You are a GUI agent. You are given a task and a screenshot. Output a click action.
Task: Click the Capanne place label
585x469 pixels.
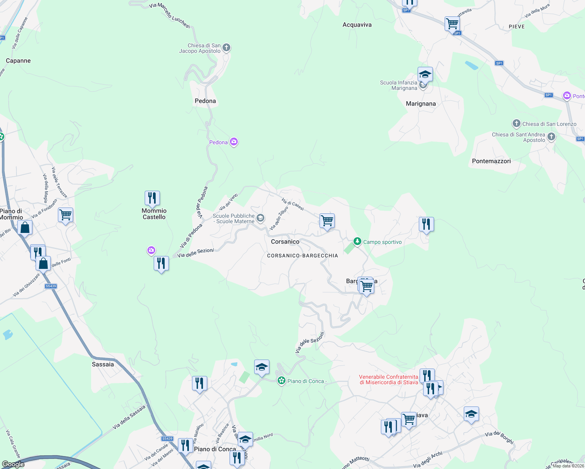[x=18, y=61]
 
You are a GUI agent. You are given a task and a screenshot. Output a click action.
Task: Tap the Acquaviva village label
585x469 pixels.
[x=357, y=25]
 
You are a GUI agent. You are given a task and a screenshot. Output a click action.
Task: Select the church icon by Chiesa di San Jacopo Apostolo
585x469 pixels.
[x=226, y=48]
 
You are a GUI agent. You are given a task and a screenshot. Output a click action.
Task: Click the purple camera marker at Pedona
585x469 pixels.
[x=234, y=141]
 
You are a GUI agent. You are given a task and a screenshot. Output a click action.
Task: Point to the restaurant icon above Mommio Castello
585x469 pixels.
[x=152, y=198]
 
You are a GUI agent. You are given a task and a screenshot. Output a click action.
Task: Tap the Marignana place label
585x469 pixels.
[x=421, y=104]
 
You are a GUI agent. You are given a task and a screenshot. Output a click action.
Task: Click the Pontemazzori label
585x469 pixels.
[x=491, y=161]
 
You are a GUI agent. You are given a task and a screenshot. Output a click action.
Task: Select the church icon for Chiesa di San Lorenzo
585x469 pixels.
[x=517, y=124]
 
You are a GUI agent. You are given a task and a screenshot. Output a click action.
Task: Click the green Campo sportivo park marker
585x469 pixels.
[x=357, y=242]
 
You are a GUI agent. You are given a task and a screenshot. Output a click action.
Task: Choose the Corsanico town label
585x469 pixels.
[x=285, y=242]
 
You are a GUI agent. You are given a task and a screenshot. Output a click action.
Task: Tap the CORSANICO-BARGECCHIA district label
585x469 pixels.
[x=302, y=256]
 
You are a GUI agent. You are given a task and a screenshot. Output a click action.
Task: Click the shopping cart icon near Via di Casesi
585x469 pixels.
[x=327, y=221]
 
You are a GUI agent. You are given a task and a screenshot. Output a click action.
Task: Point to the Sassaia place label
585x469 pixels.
[x=103, y=364]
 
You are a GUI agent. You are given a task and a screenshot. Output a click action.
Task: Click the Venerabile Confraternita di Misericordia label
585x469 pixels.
[x=389, y=379]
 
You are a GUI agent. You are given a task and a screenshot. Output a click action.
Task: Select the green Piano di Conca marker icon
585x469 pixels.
[x=281, y=381]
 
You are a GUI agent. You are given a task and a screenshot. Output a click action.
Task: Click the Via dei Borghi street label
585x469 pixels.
[x=499, y=437]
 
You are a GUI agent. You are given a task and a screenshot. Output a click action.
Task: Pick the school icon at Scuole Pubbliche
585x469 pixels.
[x=260, y=218]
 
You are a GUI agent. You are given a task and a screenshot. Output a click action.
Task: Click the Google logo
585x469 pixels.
[x=13, y=464]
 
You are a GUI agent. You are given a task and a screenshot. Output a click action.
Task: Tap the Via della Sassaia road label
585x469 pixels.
[x=129, y=417]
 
